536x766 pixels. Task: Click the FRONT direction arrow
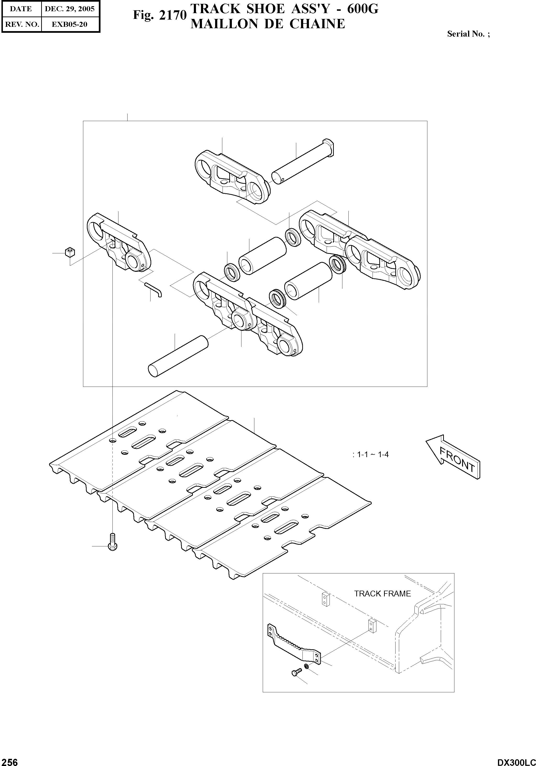point(453,457)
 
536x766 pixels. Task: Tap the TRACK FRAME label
point(382,594)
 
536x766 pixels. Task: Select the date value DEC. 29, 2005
point(70,9)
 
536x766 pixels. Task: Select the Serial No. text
point(468,34)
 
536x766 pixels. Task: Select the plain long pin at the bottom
point(178,357)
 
